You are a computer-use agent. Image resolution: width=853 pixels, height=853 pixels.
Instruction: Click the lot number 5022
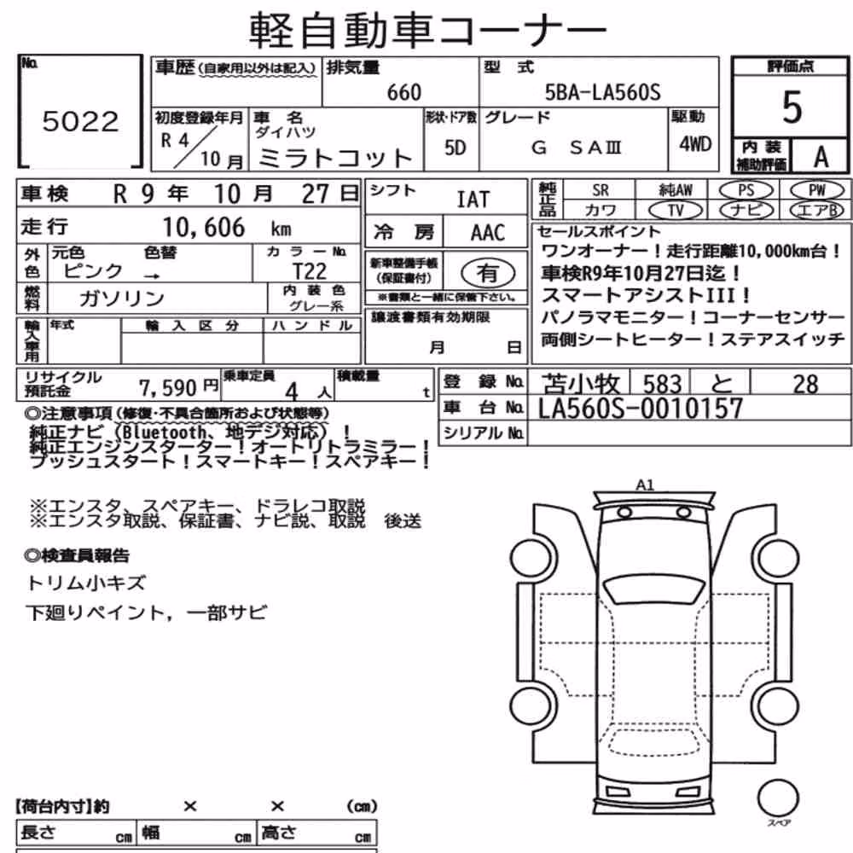click(80, 121)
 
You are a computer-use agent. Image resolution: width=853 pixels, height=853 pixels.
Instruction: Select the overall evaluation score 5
click(792, 107)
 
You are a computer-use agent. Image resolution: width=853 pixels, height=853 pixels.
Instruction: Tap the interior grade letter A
click(821, 157)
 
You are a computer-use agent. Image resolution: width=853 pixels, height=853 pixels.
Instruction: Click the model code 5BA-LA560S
click(603, 92)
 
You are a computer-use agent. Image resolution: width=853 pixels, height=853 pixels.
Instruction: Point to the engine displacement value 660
click(404, 92)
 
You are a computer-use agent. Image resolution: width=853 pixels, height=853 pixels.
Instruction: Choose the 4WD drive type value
click(695, 143)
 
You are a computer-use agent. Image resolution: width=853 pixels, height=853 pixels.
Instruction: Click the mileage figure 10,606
click(204, 228)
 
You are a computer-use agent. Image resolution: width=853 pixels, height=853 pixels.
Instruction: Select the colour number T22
click(310, 271)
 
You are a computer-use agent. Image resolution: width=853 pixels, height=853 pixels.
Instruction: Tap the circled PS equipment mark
click(746, 190)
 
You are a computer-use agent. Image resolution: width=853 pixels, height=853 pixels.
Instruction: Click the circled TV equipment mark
click(676, 210)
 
